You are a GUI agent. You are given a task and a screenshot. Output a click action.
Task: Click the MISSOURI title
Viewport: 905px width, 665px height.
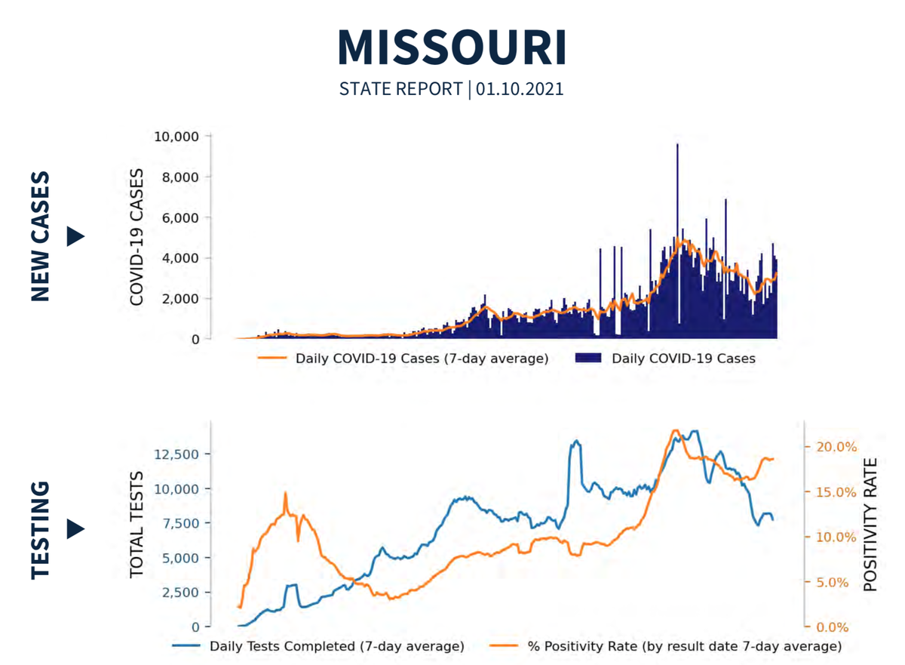click(x=452, y=47)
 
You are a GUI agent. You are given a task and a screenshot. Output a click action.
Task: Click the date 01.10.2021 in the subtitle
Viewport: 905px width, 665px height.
click(x=520, y=89)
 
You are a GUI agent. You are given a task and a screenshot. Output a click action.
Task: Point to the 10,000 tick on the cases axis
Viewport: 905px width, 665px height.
click(x=176, y=137)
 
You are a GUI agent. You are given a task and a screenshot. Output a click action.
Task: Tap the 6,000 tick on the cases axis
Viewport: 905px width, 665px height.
click(x=179, y=217)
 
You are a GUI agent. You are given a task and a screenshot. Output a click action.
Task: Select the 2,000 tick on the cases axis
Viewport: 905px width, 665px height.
click(x=179, y=298)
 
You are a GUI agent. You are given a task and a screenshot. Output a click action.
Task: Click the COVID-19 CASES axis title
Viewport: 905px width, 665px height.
click(x=137, y=237)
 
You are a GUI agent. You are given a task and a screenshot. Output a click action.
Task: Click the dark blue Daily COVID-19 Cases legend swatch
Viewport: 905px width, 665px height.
click(x=588, y=359)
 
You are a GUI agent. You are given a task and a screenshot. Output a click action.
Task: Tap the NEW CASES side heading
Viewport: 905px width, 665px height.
click(x=41, y=236)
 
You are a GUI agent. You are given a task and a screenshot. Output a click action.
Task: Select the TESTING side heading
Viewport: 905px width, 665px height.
click(x=41, y=530)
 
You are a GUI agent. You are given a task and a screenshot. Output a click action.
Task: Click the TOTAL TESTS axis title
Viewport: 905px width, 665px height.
click(x=137, y=525)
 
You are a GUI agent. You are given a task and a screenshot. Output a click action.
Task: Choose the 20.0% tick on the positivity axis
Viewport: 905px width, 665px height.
click(x=837, y=446)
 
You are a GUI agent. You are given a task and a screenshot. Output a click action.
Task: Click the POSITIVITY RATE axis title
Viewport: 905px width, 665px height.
click(x=871, y=525)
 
